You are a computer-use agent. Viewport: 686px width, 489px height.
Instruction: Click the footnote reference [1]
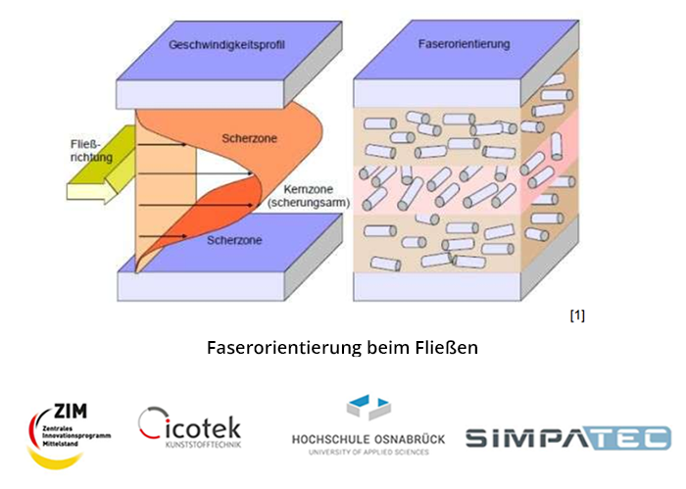pos(577,316)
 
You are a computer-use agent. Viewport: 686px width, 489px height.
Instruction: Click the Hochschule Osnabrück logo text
pos(367,440)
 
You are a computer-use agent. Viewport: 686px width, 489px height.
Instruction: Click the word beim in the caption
pos(396,348)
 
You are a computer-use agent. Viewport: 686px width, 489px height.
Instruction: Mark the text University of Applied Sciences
pos(367,453)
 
